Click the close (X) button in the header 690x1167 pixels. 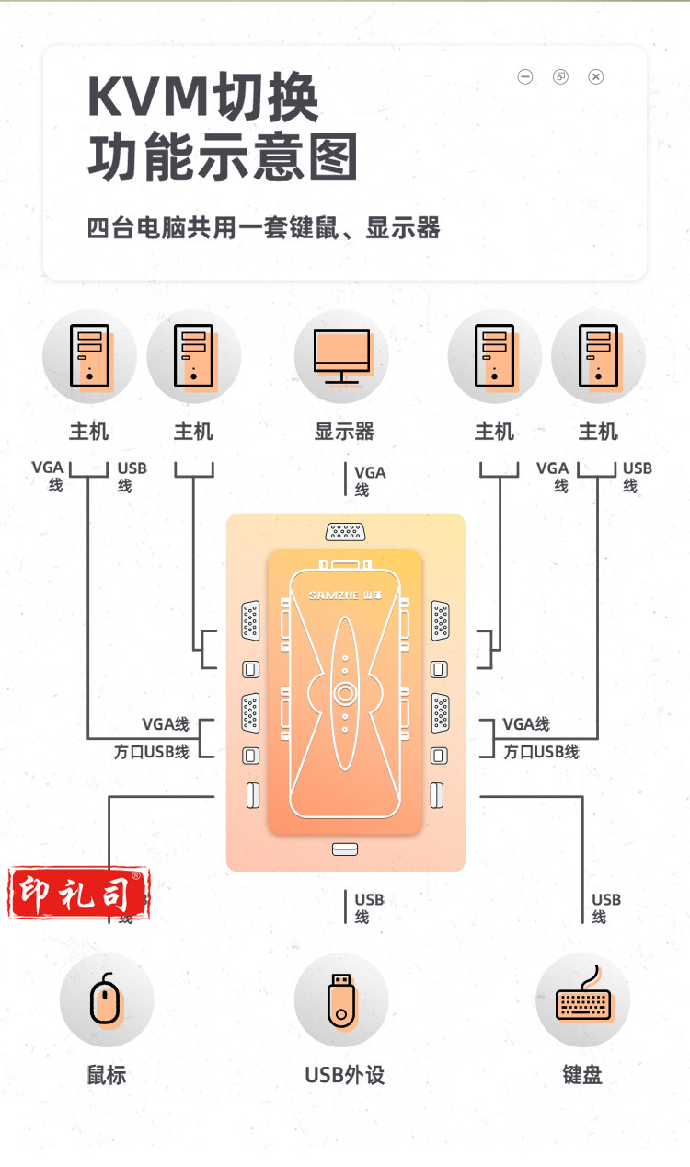tap(596, 76)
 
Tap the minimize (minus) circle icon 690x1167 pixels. tap(525, 76)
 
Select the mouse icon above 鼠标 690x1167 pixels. tap(107, 999)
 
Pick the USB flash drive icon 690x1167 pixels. tap(341, 999)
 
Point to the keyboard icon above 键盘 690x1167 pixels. tap(582, 999)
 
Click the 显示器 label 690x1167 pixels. tap(344, 431)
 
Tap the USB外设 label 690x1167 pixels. tap(344, 1075)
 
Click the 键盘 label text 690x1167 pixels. tap(582, 1075)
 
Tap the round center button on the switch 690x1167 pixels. tap(345, 693)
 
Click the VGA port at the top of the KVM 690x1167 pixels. tap(345, 531)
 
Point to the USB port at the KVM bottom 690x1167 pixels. tap(345, 849)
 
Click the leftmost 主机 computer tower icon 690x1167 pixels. tap(89, 356)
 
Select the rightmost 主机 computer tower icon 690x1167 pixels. tap(598, 356)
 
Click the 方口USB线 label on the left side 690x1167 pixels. tap(152, 751)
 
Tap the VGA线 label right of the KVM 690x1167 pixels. tap(526, 724)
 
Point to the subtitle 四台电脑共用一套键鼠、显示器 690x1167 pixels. tap(263, 227)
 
